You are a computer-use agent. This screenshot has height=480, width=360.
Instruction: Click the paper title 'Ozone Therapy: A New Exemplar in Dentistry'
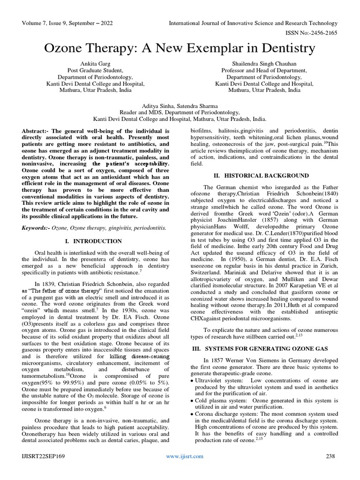(x=180, y=48)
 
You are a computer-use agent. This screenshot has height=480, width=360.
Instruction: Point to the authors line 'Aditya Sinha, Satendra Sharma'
(x=180, y=106)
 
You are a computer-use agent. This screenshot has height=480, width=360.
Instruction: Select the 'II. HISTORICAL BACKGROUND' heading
(x=262, y=175)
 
